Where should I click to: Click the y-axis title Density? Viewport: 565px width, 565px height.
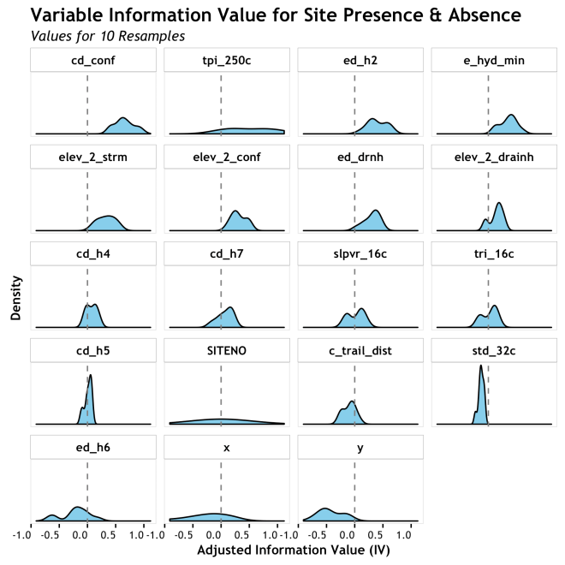[x=16, y=296]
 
